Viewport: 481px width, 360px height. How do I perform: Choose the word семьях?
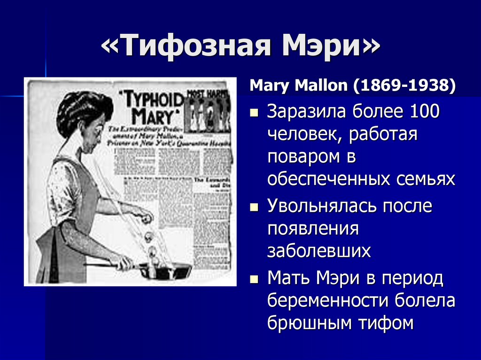click(426, 179)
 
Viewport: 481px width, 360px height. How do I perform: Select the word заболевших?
click(319, 251)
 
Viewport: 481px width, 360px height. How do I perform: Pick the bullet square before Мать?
click(254, 279)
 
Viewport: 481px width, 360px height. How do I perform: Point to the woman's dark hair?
click(82, 110)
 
